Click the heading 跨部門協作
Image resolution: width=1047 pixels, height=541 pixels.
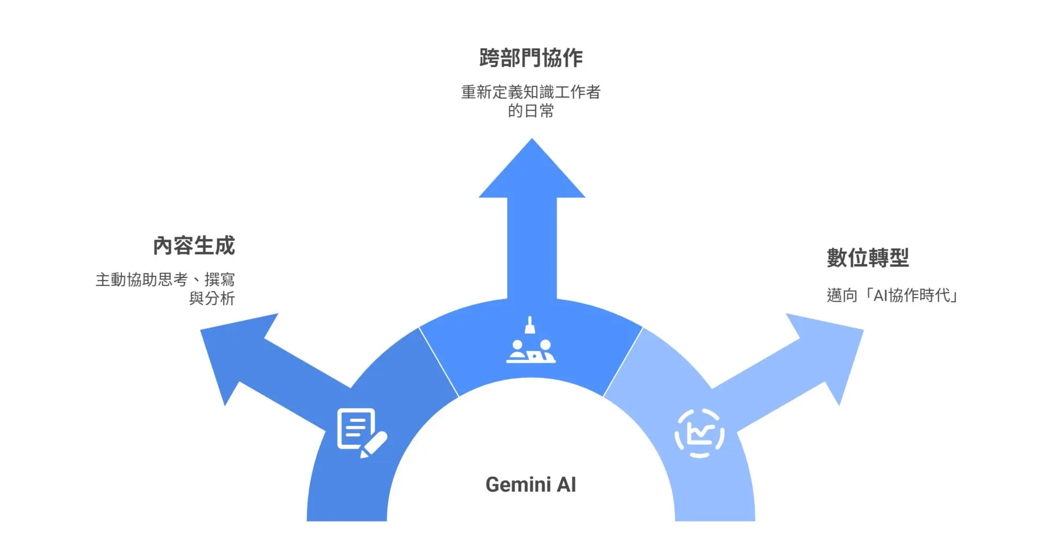pyautogui.click(x=531, y=58)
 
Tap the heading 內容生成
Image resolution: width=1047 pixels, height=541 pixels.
pyautogui.click(x=194, y=246)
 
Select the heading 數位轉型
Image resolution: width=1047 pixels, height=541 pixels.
pyautogui.click(x=867, y=258)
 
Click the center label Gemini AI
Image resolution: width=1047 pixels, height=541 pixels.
pyautogui.click(x=530, y=485)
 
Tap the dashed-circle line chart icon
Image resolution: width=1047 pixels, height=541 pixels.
pyautogui.click(x=700, y=433)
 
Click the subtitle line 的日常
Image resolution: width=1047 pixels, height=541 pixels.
pyautogui.click(x=531, y=111)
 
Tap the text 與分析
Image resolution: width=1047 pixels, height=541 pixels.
pyautogui.click(x=212, y=298)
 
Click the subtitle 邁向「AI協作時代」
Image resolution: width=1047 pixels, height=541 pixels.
pyautogui.click(x=892, y=295)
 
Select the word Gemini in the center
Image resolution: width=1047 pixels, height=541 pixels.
pyautogui.click(x=518, y=485)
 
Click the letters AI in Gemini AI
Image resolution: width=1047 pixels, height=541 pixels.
pyautogui.click(x=566, y=485)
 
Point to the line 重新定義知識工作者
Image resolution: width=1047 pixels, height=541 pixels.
pyautogui.click(x=531, y=92)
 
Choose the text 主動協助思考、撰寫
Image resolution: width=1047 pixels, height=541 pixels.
pyautogui.click(x=165, y=280)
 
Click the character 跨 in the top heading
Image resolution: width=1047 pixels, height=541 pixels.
pyautogui.click(x=490, y=58)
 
